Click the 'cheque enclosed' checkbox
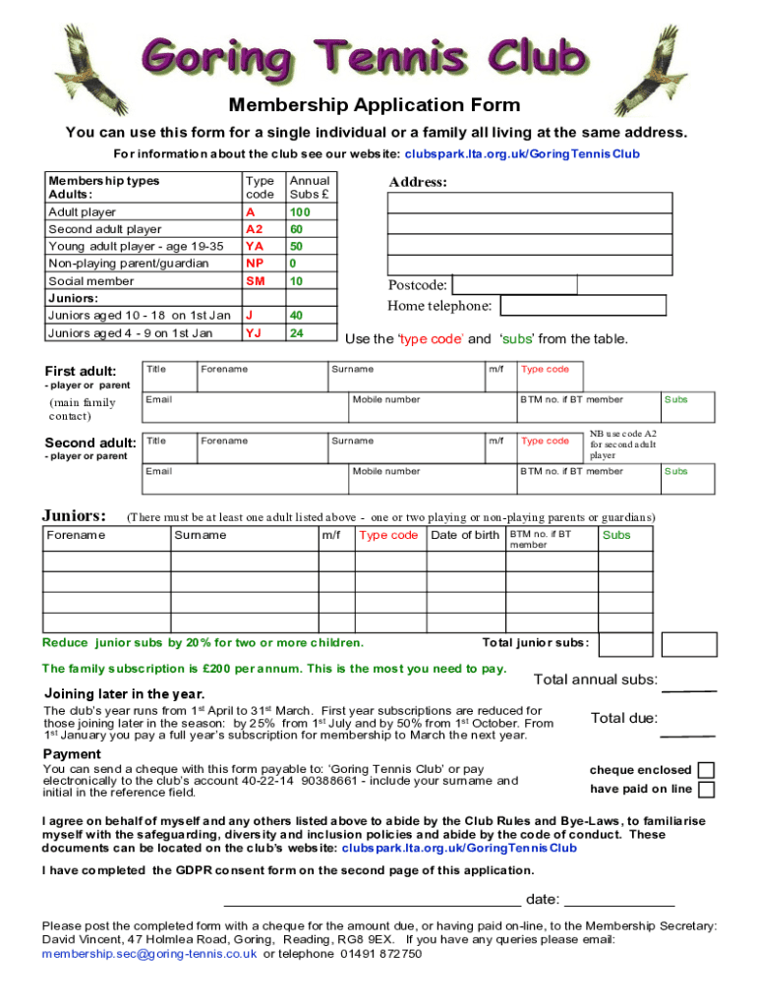[706, 770]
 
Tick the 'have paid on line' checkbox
[706, 789]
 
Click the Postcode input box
[514, 285]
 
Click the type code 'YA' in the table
[254, 246]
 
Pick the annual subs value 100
[299, 212]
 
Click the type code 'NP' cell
[254, 264]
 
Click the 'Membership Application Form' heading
[375, 105]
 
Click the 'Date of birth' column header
[465, 535]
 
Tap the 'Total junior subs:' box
[625, 643]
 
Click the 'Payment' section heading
[72, 754]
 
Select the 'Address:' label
[418, 182]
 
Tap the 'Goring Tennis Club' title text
[374, 56]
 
